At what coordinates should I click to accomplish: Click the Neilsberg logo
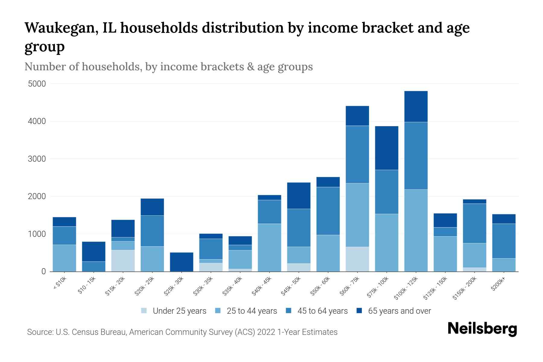click(482, 329)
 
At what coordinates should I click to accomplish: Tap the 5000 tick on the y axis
click(37, 84)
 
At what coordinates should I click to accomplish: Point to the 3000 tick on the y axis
click(37, 159)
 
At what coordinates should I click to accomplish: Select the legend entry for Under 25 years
click(179, 311)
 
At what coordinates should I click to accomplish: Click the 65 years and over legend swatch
click(359, 311)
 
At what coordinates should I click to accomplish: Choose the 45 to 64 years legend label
click(322, 311)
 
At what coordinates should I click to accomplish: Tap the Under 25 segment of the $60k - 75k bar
click(357, 259)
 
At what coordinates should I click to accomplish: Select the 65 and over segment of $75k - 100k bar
click(386, 148)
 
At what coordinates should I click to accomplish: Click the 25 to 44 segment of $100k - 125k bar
click(416, 230)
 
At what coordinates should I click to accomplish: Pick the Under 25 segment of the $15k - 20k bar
click(123, 261)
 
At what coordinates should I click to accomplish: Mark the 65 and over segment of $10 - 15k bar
click(94, 251)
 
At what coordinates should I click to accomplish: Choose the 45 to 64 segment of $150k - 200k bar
click(475, 223)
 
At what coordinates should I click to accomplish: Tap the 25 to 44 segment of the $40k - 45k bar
click(269, 247)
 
